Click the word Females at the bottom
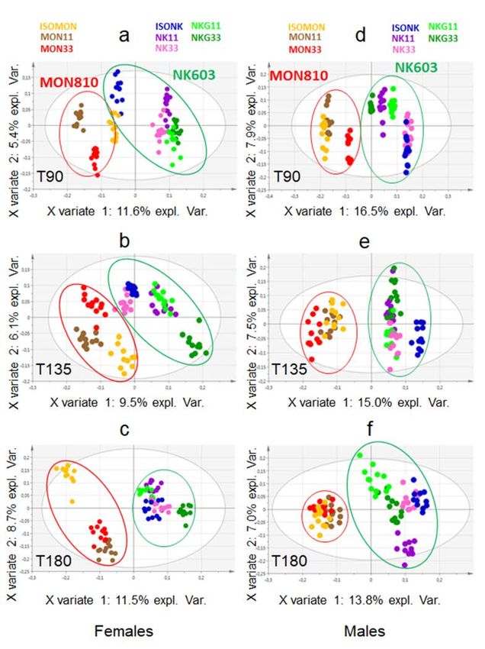tap(123, 631)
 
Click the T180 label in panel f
tap(291, 562)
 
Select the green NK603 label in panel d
tap(416, 68)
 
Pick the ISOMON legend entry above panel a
tap(61, 27)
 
